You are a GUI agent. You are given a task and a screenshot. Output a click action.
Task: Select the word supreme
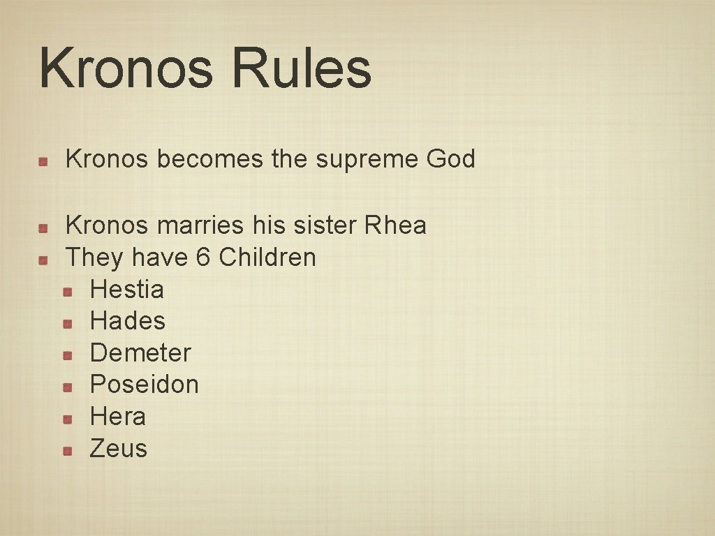(x=367, y=159)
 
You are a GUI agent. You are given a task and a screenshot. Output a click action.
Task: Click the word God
(x=450, y=159)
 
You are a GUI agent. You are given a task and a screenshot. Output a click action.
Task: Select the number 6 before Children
(x=203, y=258)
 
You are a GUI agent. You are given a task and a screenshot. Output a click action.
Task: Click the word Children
(x=267, y=258)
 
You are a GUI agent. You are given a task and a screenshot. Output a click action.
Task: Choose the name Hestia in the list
(x=127, y=290)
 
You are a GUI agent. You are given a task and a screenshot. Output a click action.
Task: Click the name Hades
(x=128, y=321)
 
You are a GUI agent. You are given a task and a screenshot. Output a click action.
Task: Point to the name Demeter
(x=140, y=353)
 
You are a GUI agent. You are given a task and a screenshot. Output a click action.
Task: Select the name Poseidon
(x=145, y=385)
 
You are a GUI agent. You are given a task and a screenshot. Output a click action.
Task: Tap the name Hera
(x=118, y=417)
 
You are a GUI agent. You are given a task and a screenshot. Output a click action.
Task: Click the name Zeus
(x=119, y=448)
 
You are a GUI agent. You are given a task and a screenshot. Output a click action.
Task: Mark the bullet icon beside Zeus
(x=67, y=450)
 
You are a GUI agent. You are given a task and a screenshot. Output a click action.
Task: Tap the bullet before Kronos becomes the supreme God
(x=43, y=161)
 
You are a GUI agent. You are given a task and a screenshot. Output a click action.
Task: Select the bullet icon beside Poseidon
(x=67, y=387)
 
